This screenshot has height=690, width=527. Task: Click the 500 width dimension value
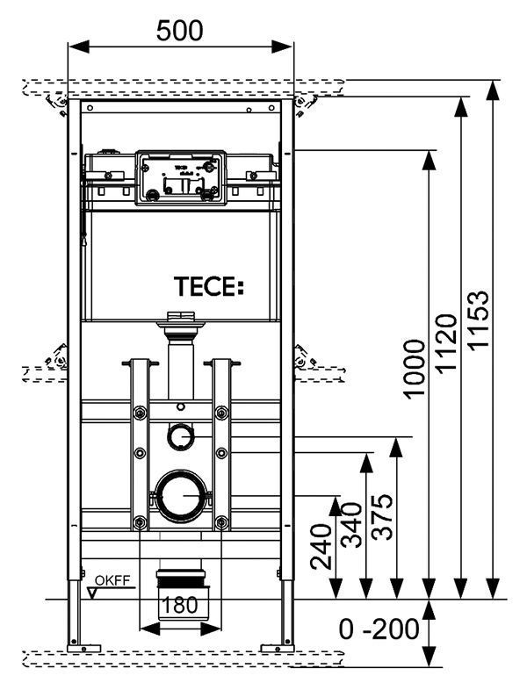179,30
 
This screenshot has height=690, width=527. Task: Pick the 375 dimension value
383,518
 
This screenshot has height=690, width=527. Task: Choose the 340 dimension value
351,525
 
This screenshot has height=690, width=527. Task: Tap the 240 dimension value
321,546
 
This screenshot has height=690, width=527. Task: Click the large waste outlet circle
183,496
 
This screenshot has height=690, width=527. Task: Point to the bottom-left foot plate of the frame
80,650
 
